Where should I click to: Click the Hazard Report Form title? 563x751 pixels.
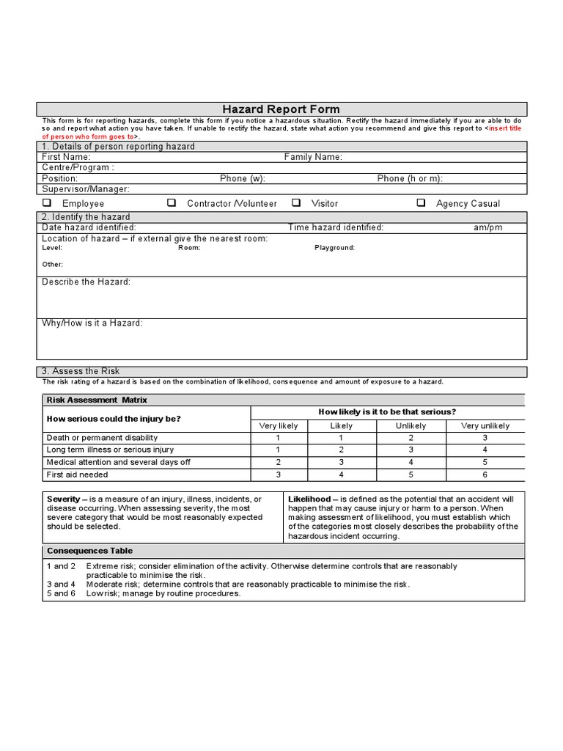click(281, 109)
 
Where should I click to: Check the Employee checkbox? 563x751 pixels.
click(46, 203)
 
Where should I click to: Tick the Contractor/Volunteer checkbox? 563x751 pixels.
click(172, 203)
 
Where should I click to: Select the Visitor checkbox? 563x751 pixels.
click(296, 203)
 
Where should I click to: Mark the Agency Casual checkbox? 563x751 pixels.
click(421, 203)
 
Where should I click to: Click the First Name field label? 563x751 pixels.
click(66, 157)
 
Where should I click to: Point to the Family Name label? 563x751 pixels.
click(313, 157)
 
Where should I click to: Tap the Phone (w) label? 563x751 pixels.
click(242, 178)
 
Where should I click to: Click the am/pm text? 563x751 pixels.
click(488, 227)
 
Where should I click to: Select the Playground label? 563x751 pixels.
click(334, 248)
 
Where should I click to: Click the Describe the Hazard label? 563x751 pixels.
click(86, 282)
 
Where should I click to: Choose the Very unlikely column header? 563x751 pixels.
click(485, 425)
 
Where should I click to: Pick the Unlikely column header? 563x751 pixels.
click(411, 425)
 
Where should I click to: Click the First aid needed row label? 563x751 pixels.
click(77, 475)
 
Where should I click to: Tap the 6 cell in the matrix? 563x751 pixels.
click(485, 475)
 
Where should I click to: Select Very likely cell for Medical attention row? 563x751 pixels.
click(278, 462)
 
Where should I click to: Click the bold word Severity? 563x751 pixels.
click(63, 499)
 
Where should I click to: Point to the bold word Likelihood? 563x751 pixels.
click(309, 499)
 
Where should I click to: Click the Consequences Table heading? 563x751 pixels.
click(89, 551)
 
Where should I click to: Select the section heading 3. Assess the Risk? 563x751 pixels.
click(81, 371)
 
